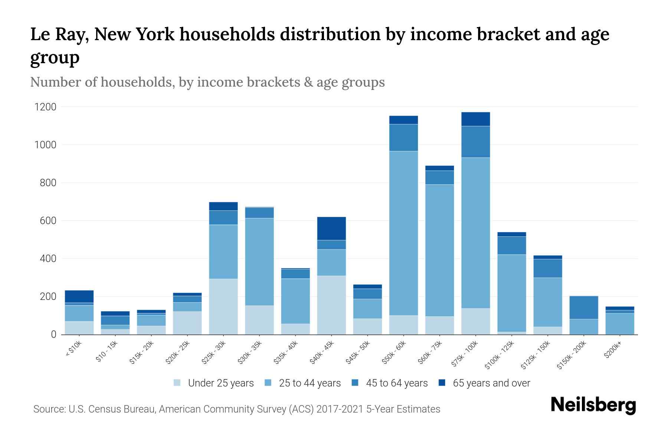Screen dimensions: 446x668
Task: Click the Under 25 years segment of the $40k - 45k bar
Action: click(x=331, y=305)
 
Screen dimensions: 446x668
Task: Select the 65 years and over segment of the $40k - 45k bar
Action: click(x=331, y=228)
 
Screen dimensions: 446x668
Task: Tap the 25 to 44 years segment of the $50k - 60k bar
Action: click(x=403, y=233)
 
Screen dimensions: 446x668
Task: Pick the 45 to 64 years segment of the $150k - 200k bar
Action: click(x=584, y=307)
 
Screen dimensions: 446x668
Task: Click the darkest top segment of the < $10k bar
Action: click(x=79, y=296)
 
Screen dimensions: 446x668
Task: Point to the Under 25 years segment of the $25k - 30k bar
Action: click(x=223, y=306)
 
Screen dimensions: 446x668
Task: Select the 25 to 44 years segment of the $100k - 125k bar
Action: click(x=511, y=293)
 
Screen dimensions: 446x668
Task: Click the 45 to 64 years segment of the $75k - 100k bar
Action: click(x=475, y=142)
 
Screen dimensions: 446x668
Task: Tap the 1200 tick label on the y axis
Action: click(x=45, y=107)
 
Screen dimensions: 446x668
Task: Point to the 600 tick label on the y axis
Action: click(x=48, y=221)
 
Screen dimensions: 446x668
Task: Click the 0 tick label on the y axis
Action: click(x=54, y=334)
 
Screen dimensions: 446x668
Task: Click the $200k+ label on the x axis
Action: click(x=612, y=351)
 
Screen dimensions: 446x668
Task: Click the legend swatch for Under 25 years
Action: click(x=177, y=383)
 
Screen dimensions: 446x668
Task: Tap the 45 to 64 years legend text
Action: click(x=396, y=383)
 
